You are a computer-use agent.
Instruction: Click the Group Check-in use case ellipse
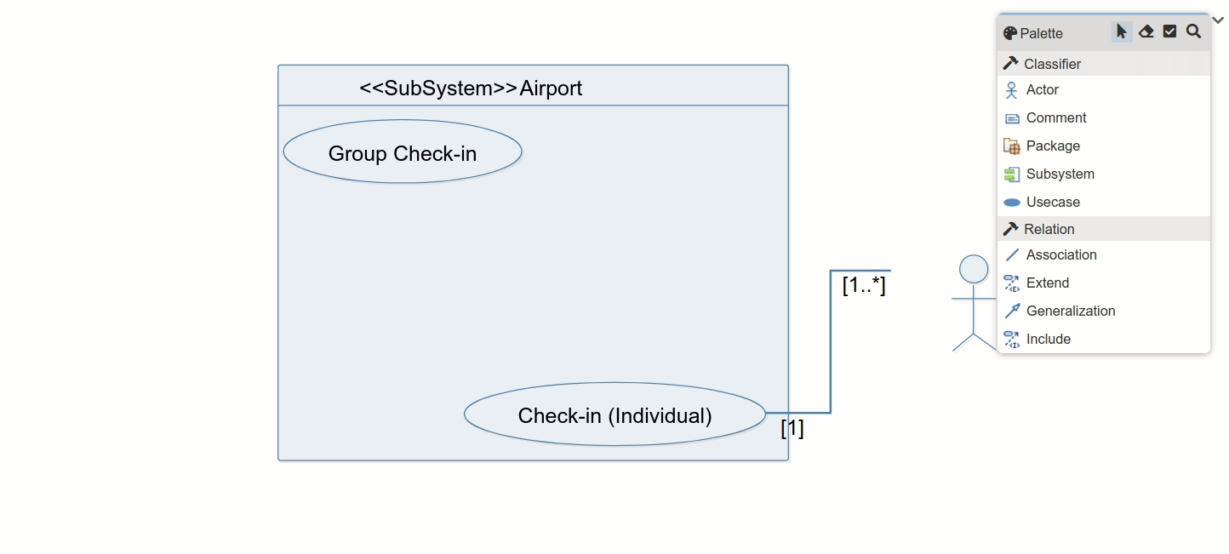coord(402,152)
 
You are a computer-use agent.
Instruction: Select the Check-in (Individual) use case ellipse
coord(614,414)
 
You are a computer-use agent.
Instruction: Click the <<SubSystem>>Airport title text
coord(471,88)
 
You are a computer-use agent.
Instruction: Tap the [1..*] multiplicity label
coord(863,285)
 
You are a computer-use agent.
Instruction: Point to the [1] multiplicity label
coord(792,428)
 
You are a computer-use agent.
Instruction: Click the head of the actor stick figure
coord(973,269)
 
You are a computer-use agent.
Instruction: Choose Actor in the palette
coord(1042,89)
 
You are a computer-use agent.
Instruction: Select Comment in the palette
coord(1055,117)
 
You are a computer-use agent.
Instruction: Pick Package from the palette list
coord(1052,146)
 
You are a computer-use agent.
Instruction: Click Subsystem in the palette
coord(1060,174)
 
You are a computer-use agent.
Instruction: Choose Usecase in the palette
coord(1052,202)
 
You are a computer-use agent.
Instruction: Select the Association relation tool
coord(1060,254)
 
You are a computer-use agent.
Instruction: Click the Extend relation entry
coord(1047,283)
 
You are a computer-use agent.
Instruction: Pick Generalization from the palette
coord(1070,311)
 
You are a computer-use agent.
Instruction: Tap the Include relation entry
coord(1048,339)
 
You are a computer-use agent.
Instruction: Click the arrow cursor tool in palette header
coord(1121,31)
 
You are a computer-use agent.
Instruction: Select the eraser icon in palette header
coord(1146,31)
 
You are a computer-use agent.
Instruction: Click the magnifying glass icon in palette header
coord(1193,31)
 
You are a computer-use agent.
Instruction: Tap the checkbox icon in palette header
coord(1169,31)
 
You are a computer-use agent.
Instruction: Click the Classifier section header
coord(1052,64)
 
